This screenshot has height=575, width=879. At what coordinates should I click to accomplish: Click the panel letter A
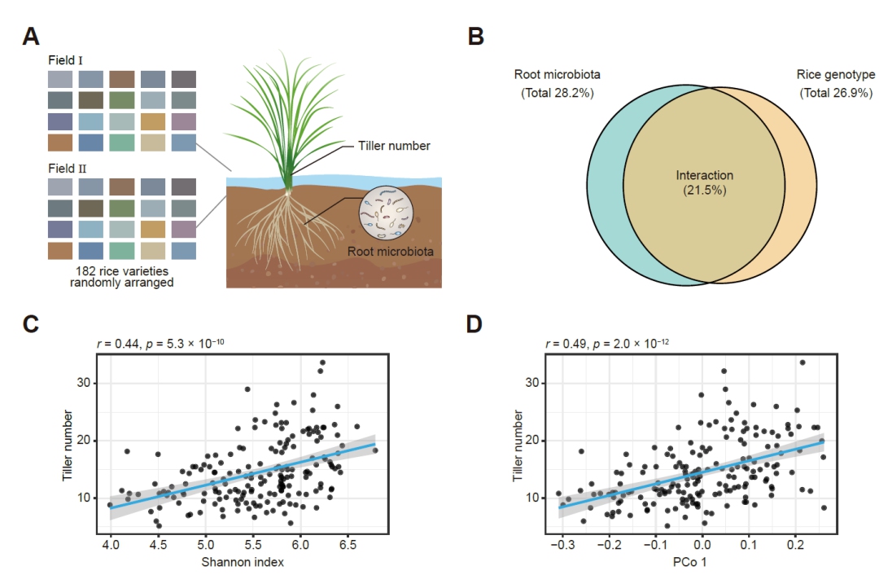pos(31,36)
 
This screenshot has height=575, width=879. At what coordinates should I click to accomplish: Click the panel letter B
pos(476,36)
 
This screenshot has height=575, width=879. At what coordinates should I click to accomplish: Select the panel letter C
pos(31,323)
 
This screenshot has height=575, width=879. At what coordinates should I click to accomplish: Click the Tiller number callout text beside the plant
pos(394,147)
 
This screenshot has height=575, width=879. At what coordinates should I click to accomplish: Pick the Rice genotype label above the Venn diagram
pos(836,75)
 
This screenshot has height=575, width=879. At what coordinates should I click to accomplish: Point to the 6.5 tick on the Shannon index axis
pos(349,541)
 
